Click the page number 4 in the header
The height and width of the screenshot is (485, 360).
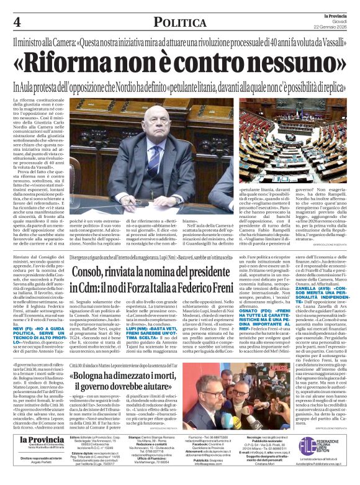click(16, 22)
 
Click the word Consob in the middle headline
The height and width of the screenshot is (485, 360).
click(91, 273)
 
